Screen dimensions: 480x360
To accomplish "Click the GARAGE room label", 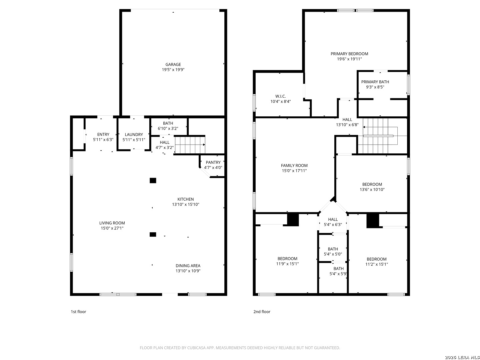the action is click(x=173, y=64).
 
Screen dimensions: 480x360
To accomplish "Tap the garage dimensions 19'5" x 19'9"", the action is click(x=173, y=70).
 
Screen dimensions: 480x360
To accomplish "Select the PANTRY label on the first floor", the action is click(x=213, y=162).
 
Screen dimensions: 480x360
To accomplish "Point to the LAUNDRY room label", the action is click(x=134, y=135).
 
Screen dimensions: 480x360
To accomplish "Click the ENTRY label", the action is click(x=103, y=134).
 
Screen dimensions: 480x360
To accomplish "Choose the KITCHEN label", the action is click(x=185, y=199).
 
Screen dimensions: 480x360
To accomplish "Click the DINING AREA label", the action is click(x=188, y=266).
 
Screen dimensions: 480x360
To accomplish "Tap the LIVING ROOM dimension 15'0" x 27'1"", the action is click(x=112, y=228).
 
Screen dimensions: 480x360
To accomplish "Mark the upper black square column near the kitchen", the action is click(x=153, y=181).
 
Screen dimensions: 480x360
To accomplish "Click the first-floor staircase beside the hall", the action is click(x=190, y=145).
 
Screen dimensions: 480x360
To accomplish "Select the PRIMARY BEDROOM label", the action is click(x=349, y=54).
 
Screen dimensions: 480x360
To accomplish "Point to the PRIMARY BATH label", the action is click(x=375, y=82).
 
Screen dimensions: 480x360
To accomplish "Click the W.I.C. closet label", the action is click(x=280, y=96).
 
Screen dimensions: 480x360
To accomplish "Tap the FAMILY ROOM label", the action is click(x=294, y=166).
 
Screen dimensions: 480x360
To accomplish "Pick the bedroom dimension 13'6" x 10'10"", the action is click(x=372, y=190).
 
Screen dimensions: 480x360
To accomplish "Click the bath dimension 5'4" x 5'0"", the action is click(x=333, y=254).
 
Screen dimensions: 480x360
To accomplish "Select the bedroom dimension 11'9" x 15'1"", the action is click(x=287, y=264).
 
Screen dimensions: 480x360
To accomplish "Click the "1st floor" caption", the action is click(x=78, y=312).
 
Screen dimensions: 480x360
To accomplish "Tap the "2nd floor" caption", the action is click(x=262, y=312).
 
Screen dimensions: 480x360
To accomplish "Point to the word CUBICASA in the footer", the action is click(x=196, y=348).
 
